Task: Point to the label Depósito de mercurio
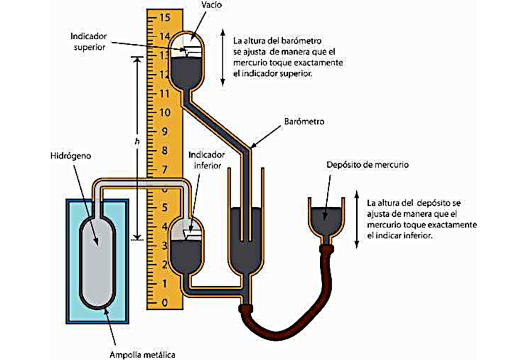(x=367, y=165)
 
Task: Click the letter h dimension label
(x=136, y=142)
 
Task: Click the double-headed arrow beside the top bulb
(x=223, y=58)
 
